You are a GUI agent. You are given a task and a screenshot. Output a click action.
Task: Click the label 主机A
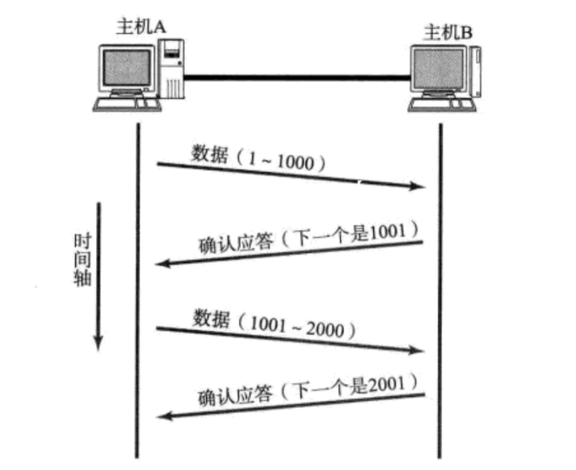click(x=142, y=27)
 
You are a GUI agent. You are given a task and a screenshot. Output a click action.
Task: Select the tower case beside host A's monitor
click(x=172, y=69)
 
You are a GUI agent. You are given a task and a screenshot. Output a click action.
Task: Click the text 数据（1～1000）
click(x=258, y=158)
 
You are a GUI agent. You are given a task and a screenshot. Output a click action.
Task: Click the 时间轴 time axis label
click(x=82, y=261)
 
